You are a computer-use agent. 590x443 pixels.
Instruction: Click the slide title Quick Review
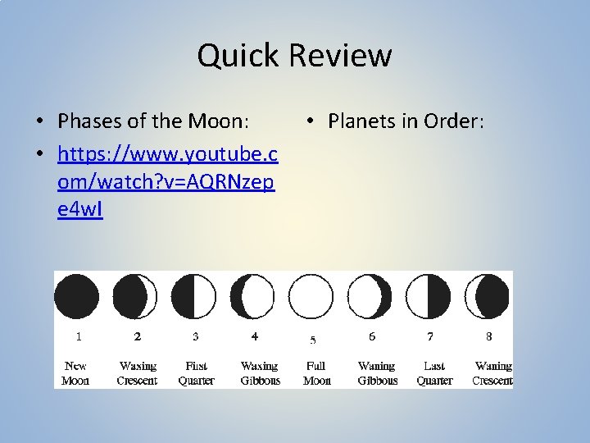tap(294, 56)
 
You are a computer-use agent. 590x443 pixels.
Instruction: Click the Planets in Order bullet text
tap(406, 121)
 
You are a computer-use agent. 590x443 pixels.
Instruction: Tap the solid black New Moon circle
tap(77, 296)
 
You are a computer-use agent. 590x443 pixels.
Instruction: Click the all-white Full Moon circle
tap(312, 296)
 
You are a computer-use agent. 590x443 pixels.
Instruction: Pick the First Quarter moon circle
tap(194, 296)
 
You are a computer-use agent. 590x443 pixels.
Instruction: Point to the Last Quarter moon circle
tap(429, 296)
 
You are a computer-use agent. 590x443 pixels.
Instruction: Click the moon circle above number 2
tap(135, 296)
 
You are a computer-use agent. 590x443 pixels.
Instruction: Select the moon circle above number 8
tap(488, 296)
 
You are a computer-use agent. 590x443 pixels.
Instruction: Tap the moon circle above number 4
tap(253, 296)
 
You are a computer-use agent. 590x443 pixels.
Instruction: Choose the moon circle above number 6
tap(370, 296)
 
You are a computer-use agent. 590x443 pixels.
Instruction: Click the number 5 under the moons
tap(313, 340)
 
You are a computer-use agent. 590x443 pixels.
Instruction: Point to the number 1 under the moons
tap(78, 336)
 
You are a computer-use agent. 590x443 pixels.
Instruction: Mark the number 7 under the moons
tap(430, 336)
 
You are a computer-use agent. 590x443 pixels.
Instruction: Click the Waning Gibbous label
tap(376, 373)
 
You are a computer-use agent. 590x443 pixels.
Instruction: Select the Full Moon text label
tap(316, 373)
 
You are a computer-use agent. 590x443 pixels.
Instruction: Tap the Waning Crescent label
tap(492, 373)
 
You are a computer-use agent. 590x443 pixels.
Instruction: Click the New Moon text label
tap(75, 373)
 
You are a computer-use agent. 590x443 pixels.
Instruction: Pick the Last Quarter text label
tap(434, 373)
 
